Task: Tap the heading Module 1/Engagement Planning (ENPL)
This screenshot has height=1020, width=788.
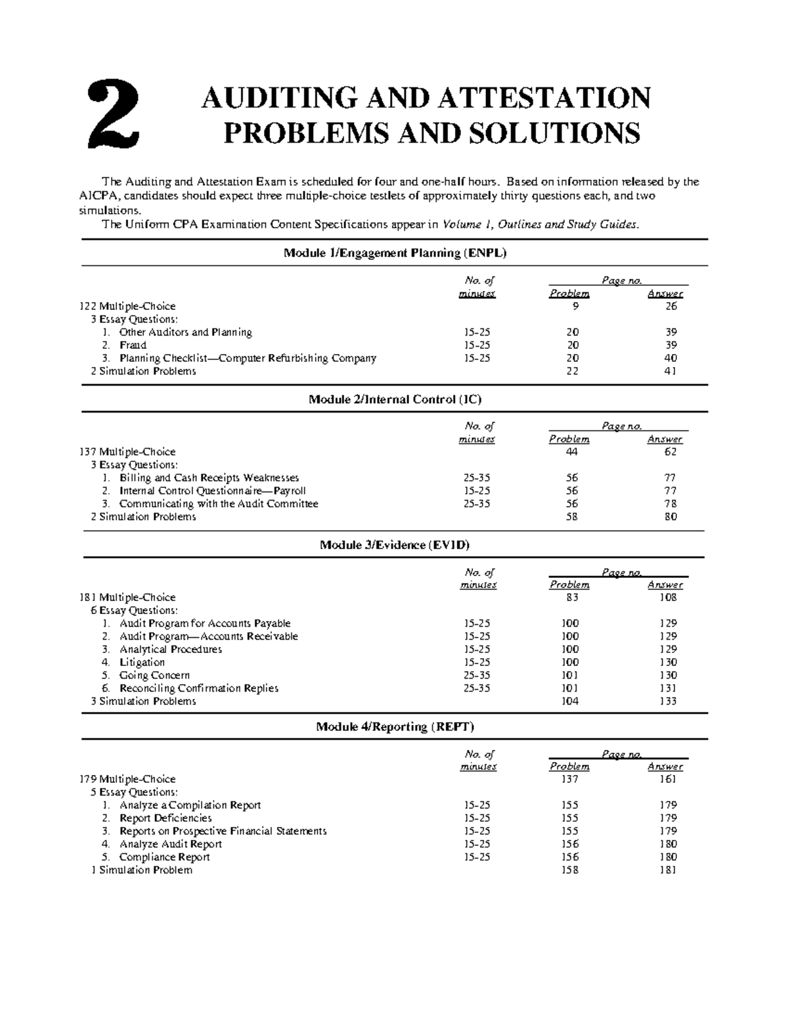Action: click(395, 253)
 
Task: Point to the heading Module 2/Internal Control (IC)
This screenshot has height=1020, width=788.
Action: click(395, 399)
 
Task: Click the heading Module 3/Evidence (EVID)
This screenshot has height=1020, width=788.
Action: click(395, 545)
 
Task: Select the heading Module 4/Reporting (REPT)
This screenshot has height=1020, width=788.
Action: click(395, 726)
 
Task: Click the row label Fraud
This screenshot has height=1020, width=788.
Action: click(133, 345)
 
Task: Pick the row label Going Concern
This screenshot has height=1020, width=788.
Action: click(154, 675)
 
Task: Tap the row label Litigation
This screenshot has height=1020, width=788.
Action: click(142, 662)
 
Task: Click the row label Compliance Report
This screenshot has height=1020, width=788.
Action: click(164, 857)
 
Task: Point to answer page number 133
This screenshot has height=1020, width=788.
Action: click(668, 701)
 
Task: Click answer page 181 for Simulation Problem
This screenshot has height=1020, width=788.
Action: click(668, 870)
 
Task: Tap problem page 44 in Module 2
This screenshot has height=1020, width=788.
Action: click(571, 452)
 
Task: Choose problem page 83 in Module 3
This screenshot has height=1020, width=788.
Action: click(571, 598)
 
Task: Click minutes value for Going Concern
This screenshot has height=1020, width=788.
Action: click(477, 675)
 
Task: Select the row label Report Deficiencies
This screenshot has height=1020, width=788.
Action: click(165, 818)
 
